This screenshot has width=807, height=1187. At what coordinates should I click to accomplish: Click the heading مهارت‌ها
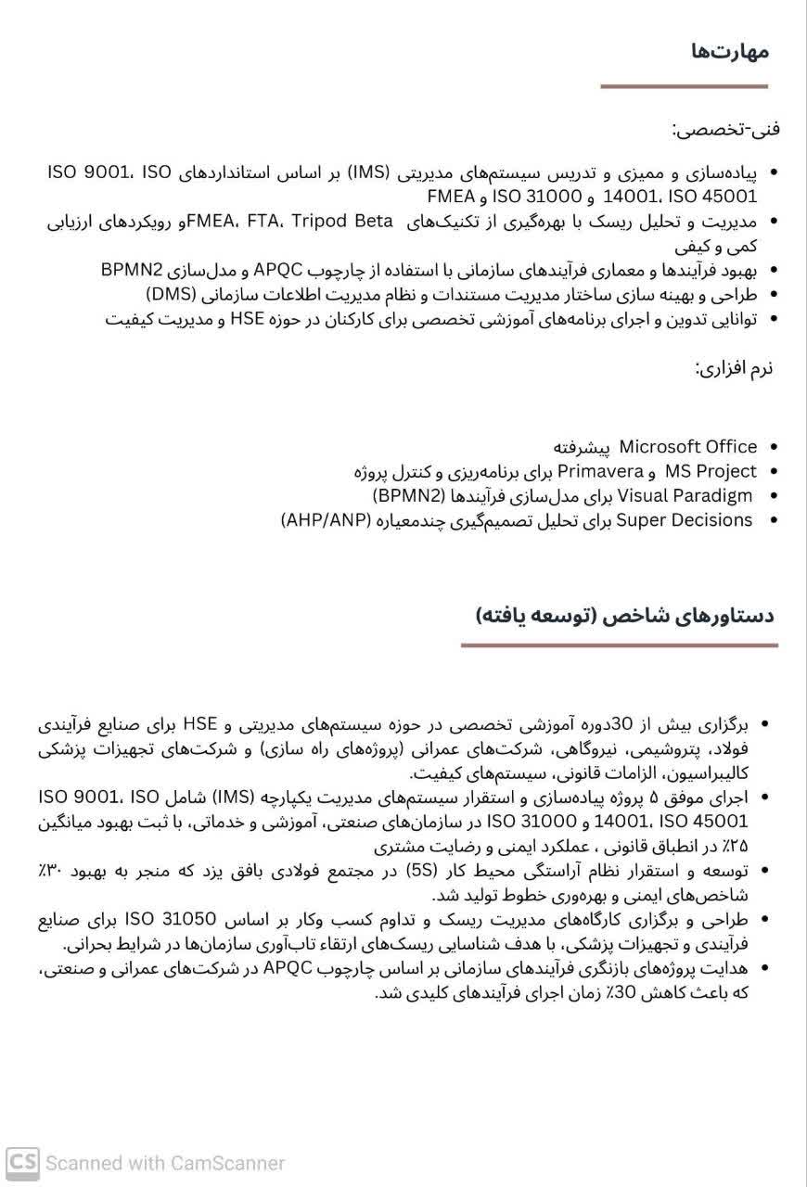[730, 52]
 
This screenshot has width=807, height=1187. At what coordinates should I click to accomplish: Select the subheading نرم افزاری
[735, 367]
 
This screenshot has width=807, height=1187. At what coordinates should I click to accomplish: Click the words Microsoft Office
[687, 447]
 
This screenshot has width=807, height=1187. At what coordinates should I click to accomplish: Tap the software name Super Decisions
[684, 519]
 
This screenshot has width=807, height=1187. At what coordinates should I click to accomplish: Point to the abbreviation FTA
[263, 221]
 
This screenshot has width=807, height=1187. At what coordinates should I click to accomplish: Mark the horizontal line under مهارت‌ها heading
[684, 86]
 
